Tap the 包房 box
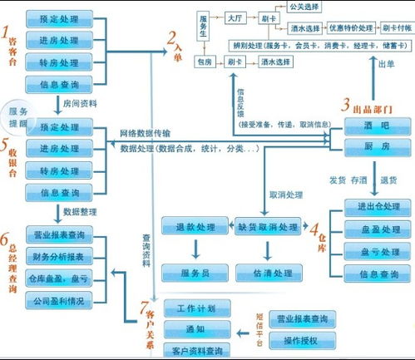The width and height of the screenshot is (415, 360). pyautogui.click(x=205, y=62)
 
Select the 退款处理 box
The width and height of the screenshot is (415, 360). pyautogui.click(x=195, y=227)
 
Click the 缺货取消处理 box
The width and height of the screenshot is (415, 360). pyautogui.click(x=269, y=227)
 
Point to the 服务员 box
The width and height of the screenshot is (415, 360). pyautogui.click(x=195, y=272)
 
